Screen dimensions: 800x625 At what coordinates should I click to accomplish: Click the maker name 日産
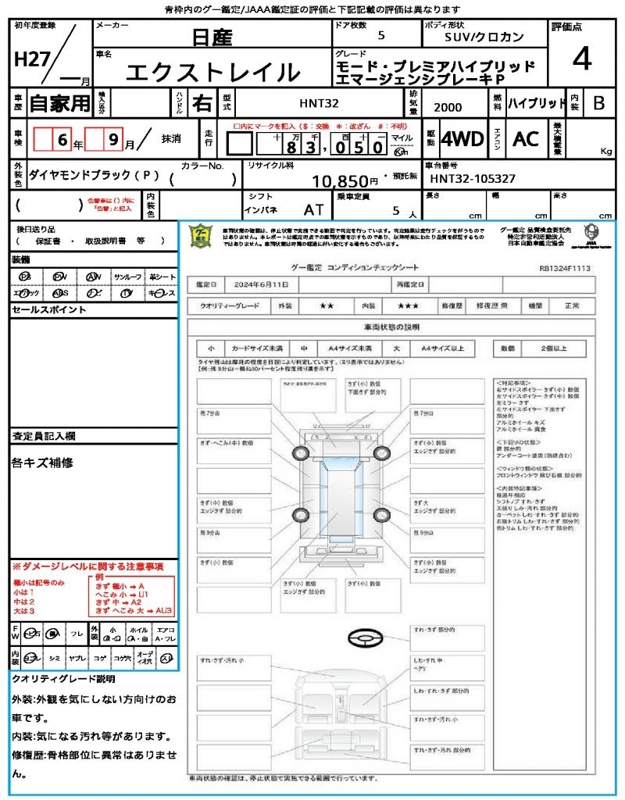(x=212, y=37)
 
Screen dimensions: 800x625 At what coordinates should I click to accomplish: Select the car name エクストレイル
(x=212, y=72)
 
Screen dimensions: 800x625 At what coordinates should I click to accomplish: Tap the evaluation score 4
(x=580, y=59)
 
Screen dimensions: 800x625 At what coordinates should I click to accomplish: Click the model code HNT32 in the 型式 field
(x=319, y=102)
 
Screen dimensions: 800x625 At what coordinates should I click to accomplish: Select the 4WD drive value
(x=462, y=139)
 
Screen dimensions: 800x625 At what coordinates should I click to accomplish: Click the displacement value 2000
(x=447, y=107)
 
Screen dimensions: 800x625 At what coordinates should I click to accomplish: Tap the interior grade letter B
(x=598, y=102)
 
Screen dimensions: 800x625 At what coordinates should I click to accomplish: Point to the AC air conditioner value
(x=526, y=139)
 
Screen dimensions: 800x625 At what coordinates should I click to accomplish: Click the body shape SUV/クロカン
(x=484, y=37)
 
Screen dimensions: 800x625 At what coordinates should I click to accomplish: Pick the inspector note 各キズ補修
(x=42, y=462)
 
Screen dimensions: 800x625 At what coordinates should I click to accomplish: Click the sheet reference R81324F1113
(x=564, y=268)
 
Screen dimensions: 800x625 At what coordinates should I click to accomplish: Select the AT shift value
(x=314, y=209)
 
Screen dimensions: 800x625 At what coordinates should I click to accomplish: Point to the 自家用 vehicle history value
(x=59, y=102)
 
